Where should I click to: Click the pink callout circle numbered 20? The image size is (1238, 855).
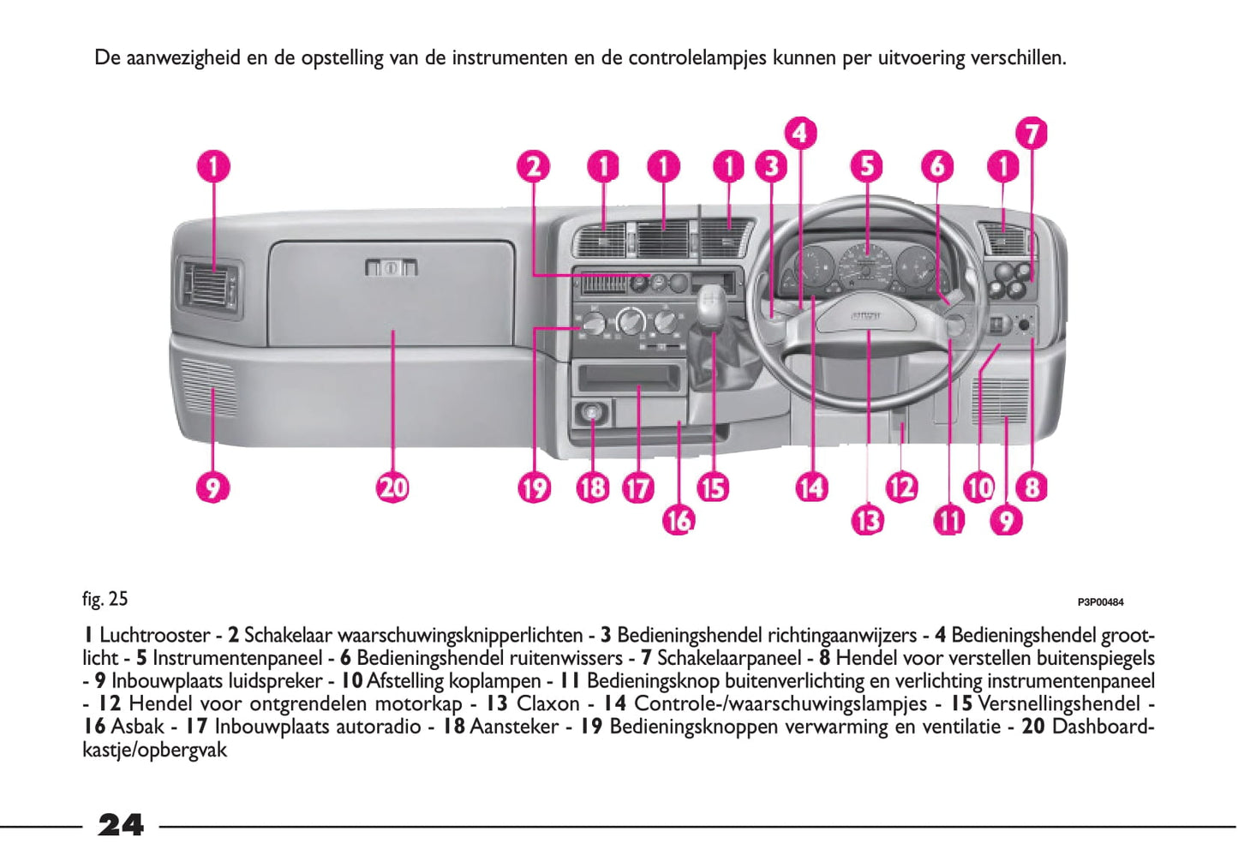coord(393,487)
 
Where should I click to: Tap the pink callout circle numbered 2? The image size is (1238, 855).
coord(533,165)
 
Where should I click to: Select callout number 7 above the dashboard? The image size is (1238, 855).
coord(1032,134)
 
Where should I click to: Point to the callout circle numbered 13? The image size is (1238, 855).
coord(867,519)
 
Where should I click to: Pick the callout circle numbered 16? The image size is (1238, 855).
coord(678,519)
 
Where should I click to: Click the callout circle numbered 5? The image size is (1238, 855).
coord(867,165)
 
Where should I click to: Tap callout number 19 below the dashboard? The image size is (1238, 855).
coord(533,487)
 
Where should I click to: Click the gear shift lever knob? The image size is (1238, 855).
coord(709,304)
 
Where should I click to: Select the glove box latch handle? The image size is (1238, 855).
coord(392,267)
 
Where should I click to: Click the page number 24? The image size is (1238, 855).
coord(121,825)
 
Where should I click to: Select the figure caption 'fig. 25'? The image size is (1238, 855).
coord(105,599)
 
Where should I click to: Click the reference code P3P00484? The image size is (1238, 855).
coord(1100,602)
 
